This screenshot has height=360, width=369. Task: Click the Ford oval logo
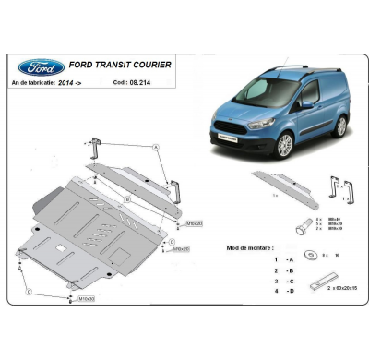(x=41, y=66)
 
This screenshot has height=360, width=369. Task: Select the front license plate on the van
(x=228, y=140)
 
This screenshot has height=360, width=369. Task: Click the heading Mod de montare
(x=251, y=248)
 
